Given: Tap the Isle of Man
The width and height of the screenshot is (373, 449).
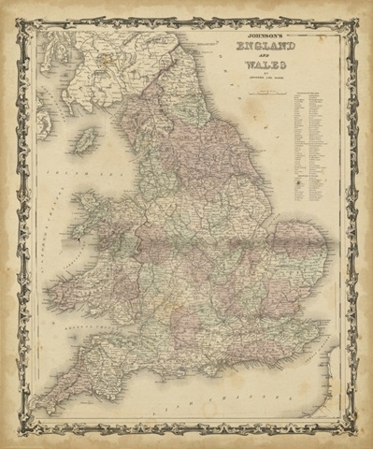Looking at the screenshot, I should pyautogui.click(x=87, y=143).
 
